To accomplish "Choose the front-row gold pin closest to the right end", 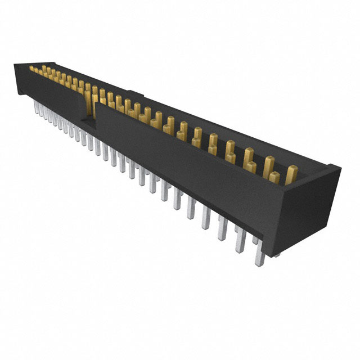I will tap(274, 178).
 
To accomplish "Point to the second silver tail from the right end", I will tap(240, 238).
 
